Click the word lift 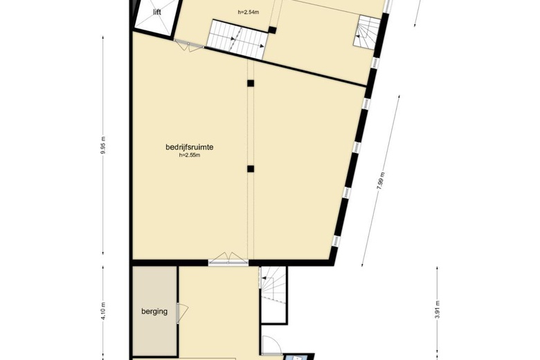(157, 12)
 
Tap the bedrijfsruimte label (190, 147)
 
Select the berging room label (154, 312)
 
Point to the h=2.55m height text (190, 155)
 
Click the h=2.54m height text (249, 12)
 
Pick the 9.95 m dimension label (104, 145)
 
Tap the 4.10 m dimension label (104, 311)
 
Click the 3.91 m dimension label (438, 309)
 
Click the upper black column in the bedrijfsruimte (251, 83)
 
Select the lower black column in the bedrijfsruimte (251, 169)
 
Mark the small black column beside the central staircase (272, 30)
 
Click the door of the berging (182, 313)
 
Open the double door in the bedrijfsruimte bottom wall (228, 259)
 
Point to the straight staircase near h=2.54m (237, 39)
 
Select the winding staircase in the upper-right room (366, 32)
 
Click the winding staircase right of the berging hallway (273, 285)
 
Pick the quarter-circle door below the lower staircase (271, 344)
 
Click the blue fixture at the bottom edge (296, 357)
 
